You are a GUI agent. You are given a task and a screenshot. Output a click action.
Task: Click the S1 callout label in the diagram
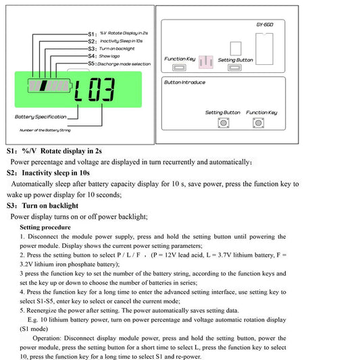93,34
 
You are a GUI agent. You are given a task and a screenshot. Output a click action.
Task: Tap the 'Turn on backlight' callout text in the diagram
117,49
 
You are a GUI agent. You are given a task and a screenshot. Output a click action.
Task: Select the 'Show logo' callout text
109,56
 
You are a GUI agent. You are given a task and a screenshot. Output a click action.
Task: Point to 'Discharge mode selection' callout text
124,63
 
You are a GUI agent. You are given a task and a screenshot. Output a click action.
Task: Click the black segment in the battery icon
44,86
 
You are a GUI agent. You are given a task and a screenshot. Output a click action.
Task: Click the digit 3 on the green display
108,90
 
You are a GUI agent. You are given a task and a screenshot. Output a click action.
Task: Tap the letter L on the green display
78,91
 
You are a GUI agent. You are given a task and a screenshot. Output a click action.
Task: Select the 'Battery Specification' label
41,117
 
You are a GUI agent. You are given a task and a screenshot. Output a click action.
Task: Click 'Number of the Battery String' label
45,130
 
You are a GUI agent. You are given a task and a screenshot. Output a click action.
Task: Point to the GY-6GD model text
265,24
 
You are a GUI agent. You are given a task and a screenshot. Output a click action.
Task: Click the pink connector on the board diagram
206,62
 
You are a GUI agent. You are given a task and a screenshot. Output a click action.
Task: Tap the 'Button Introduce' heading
184,82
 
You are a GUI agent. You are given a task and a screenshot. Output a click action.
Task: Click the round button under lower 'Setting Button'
224,123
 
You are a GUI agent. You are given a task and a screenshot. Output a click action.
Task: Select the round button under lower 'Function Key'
258,123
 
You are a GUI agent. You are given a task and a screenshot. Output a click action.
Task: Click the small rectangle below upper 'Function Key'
179,68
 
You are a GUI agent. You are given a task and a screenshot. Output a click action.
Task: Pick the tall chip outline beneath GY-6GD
265,49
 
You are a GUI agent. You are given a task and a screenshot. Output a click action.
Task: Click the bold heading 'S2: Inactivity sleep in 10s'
48,173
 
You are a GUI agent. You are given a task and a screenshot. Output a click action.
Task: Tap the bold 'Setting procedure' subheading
45,228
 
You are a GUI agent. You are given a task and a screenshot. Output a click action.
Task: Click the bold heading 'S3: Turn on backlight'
43,206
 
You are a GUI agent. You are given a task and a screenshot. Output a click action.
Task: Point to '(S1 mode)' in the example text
34,329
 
